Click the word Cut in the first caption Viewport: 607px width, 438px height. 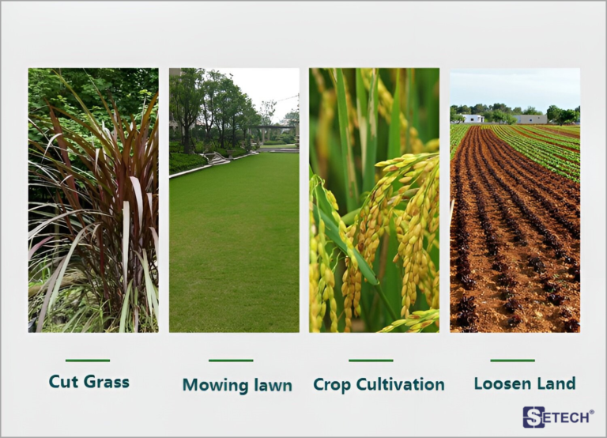pyautogui.click(x=64, y=381)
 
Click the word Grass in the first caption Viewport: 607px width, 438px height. pyautogui.click(x=107, y=381)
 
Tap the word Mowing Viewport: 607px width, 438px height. pyautogui.click(x=216, y=385)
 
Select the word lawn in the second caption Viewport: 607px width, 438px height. pyautogui.click(x=273, y=385)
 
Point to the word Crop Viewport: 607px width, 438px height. pyautogui.click(x=332, y=384)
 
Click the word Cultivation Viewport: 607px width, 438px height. pyautogui.click(x=400, y=384)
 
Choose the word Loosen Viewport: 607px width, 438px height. pyautogui.click(x=500, y=383)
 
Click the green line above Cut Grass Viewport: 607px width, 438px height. pyautogui.click(x=88, y=361)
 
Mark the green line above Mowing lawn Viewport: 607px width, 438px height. pyautogui.click(x=231, y=361)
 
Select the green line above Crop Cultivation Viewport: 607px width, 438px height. pyautogui.click(x=371, y=361)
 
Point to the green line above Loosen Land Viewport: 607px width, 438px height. pyautogui.click(x=512, y=361)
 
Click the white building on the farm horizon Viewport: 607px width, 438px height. pyautogui.click(x=473, y=119)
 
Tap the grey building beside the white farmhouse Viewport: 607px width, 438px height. pyautogui.click(x=531, y=119)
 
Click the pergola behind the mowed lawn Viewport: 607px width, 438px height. pyautogui.click(x=273, y=134)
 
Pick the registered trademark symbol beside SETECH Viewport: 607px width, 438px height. pyautogui.click(x=591, y=413)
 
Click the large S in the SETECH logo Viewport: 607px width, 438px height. pyautogui.click(x=533, y=417)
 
